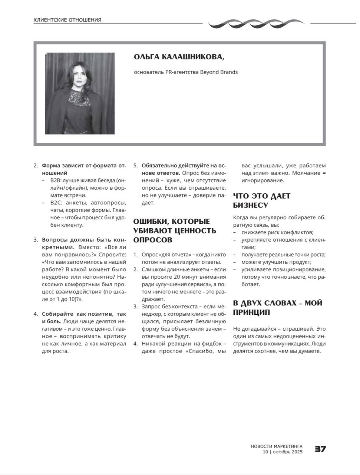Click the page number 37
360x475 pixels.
click(320, 449)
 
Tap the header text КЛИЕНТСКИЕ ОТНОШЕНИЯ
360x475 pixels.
click(67, 20)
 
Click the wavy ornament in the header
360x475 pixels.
click(256, 24)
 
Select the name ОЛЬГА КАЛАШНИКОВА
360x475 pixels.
click(179, 57)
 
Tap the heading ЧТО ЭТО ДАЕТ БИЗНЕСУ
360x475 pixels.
click(261, 200)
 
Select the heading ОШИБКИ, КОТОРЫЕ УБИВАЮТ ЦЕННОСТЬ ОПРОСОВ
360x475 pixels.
click(175, 230)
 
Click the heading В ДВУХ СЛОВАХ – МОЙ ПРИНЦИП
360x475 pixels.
click(277, 308)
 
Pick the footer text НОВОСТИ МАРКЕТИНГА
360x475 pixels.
click(277, 446)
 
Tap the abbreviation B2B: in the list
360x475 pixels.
click(56, 180)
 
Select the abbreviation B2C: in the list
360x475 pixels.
click(56, 203)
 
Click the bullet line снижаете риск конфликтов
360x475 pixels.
click(277, 233)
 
